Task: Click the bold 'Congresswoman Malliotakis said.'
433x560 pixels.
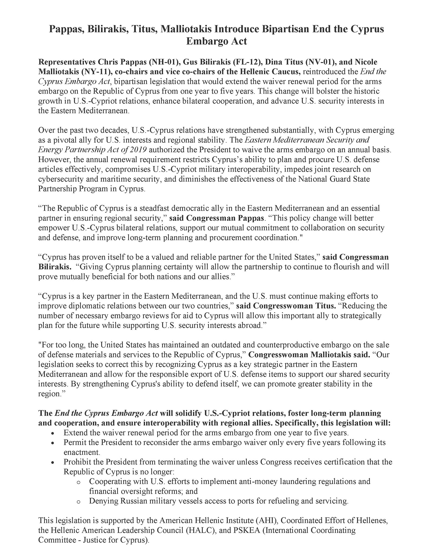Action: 309,354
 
